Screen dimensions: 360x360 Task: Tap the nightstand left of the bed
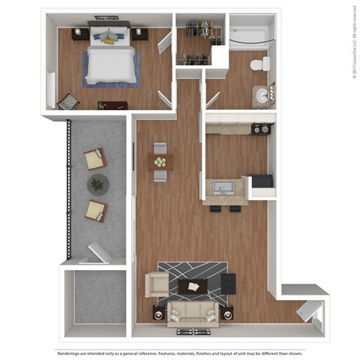79,34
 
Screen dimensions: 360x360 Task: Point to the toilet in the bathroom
258,64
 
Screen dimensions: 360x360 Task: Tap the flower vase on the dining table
160,160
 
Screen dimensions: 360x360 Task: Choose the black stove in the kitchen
261,128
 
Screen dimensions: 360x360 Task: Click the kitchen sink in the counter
224,185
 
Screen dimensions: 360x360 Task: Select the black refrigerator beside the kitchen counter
261,182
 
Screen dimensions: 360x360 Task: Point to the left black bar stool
217,208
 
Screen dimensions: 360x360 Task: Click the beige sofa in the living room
192,312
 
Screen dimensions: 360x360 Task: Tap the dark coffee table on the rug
192,286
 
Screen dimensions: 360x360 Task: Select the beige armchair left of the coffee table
157,283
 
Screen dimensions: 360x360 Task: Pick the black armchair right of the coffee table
228,283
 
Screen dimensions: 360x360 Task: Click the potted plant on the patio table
97,184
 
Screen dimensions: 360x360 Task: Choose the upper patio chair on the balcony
95,158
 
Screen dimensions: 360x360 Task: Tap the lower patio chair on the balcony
95,209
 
